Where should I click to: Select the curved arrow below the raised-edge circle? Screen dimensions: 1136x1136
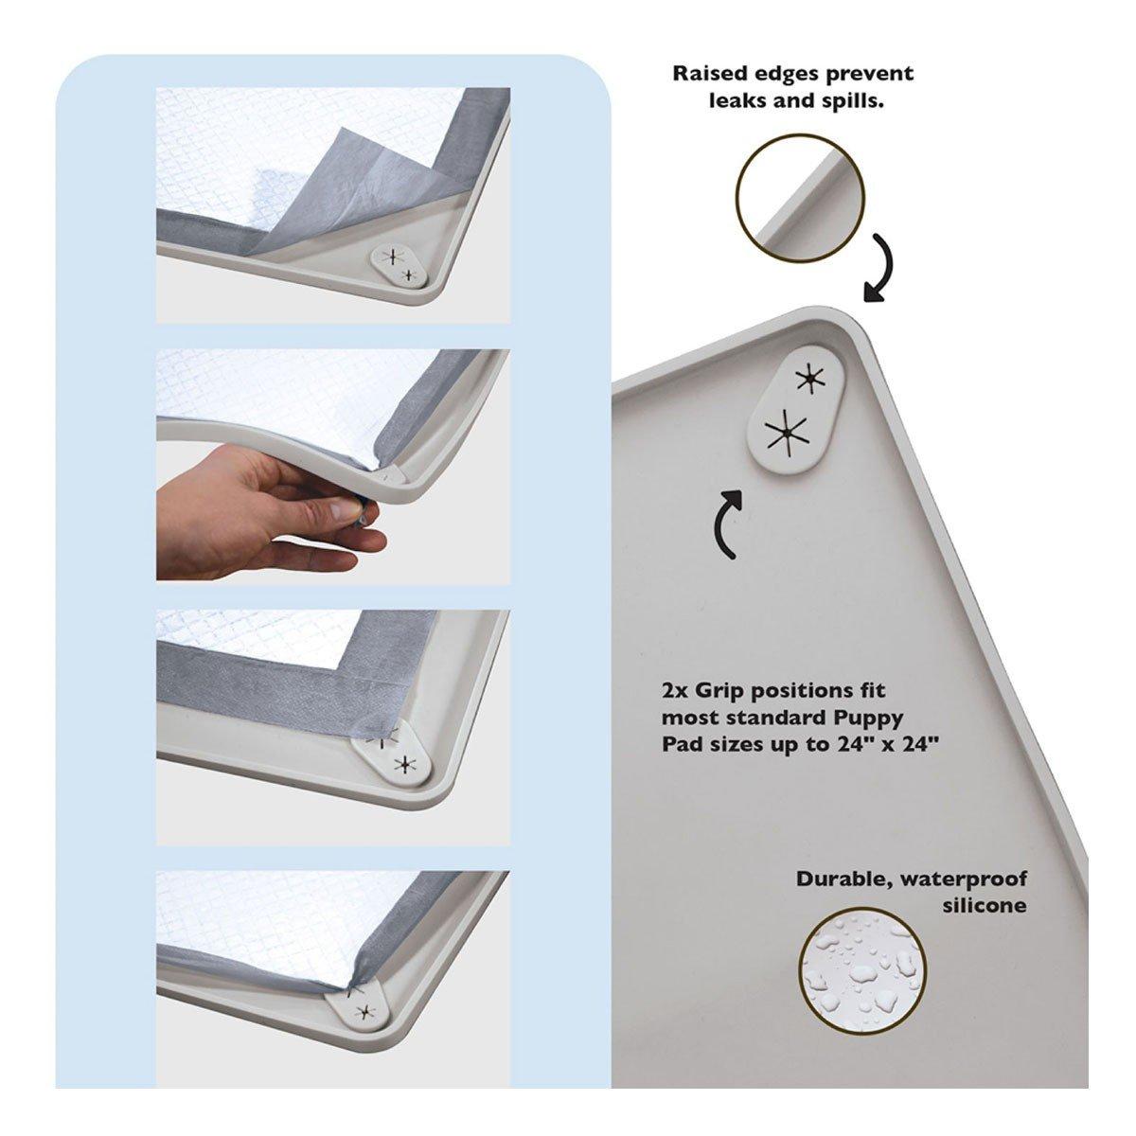pos(879,267)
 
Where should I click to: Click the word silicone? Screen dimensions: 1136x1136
pos(984,921)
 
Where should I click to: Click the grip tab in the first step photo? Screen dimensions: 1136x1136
pos(399,266)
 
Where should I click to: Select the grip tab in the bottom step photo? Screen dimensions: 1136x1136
pos(359,1014)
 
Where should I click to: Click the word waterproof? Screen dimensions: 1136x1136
pos(964,896)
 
